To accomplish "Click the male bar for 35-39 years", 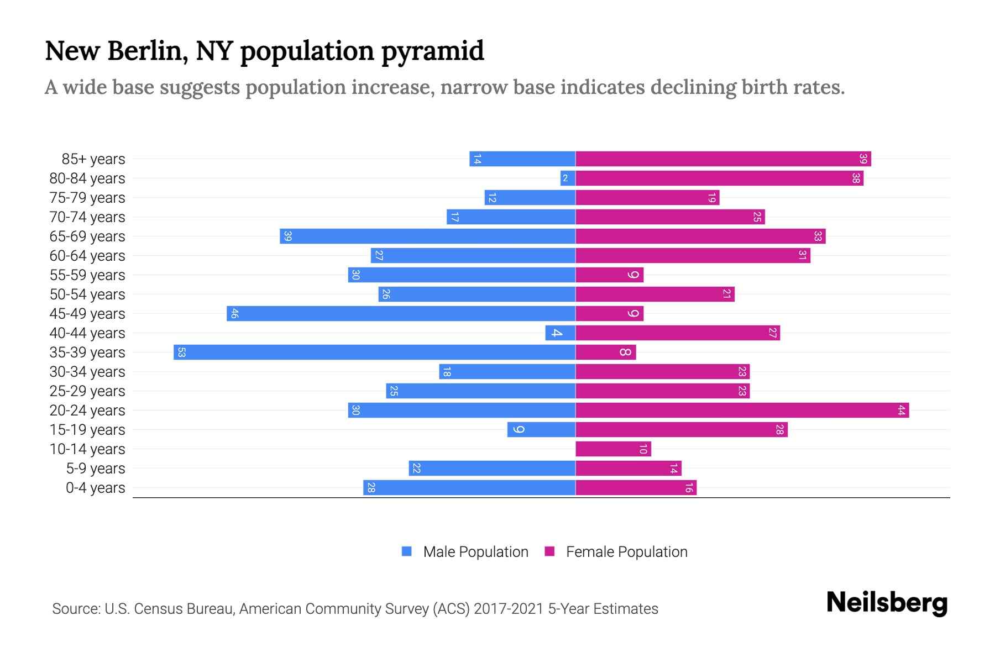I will [374, 352].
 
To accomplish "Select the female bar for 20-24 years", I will [742, 411].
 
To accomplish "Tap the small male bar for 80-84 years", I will [568, 178].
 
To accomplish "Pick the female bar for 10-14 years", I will [613, 449].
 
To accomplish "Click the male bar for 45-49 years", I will [401, 314].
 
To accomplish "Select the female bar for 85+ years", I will [723, 159].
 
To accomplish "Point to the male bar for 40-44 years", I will [560, 333].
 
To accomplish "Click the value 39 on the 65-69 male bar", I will [287, 236].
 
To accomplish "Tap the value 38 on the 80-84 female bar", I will [856, 178].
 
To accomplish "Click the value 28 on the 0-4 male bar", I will [371, 488].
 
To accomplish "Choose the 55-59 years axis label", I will [87, 275].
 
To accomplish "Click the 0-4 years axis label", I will [95, 488].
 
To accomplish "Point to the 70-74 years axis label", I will [87, 217].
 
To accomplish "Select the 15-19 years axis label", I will [87, 430].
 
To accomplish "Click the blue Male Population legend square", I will [407, 551].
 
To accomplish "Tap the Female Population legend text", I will [626, 552].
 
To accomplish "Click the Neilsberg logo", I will [887, 603].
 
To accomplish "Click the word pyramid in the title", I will [432, 51].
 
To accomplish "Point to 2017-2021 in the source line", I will [508, 609].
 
